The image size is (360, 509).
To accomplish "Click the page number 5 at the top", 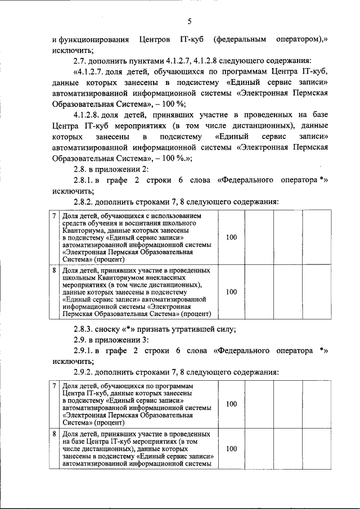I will (x=190, y=21).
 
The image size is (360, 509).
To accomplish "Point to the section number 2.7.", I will (x=80, y=61).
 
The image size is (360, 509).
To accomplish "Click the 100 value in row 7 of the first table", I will (x=231, y=237).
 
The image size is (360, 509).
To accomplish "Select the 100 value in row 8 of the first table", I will (x=231, y=292).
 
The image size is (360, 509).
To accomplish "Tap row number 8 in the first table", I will (x=54, y=270).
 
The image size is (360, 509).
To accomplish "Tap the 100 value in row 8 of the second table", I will (x=231, y=449).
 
